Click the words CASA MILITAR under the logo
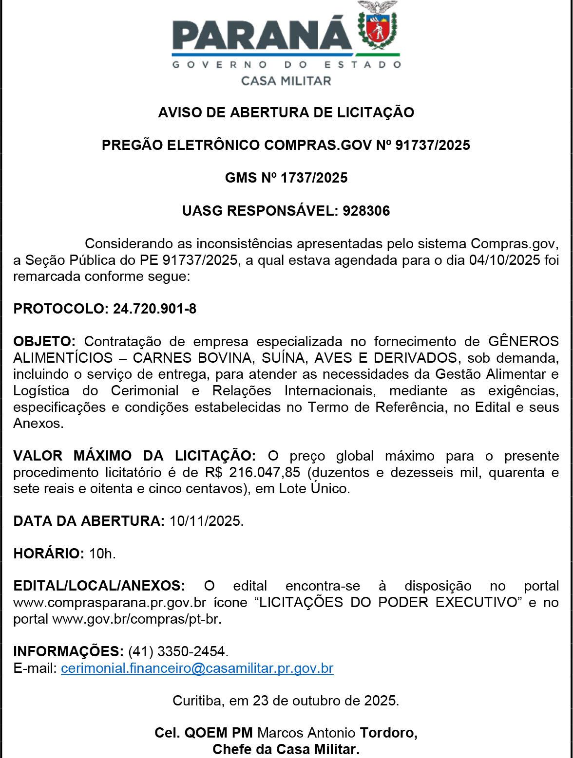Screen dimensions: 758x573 click(286, 81)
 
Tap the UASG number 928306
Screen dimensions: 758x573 click(366, 211)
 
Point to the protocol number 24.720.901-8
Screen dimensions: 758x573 click(154, 309)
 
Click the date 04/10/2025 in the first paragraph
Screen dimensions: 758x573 click(504, 260)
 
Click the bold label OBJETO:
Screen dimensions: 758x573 click(44, 341)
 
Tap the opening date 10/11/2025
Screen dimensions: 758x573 click(206, 521)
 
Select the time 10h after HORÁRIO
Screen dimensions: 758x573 click(102, 554)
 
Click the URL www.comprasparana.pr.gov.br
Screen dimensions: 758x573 click(110, 603)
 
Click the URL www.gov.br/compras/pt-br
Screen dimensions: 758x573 click(136, 619)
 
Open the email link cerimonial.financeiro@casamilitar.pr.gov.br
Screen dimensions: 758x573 click(197, 668)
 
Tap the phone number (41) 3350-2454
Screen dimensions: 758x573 click(178, 651)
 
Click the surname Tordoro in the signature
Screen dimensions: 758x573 click(388, 733)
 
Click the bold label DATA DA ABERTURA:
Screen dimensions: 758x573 click(89, 521)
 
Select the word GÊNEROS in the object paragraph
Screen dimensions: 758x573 click(523, 341)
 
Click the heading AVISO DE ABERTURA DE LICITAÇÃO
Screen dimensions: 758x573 click(286, 112)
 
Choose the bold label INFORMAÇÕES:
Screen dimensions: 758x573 click(68, 651)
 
